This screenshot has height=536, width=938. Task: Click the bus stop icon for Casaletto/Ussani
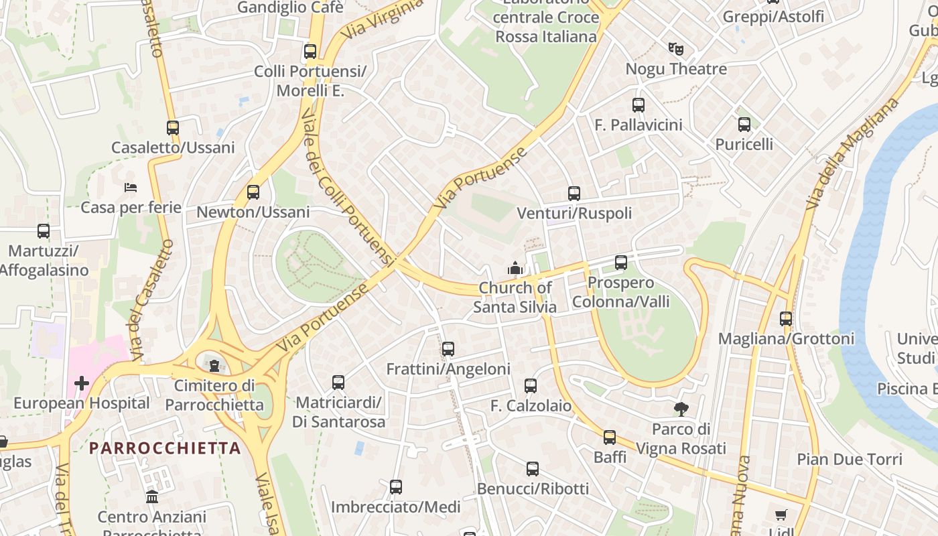(173, 127)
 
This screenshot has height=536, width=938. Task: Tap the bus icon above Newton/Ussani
(253, 192)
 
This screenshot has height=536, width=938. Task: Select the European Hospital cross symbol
(81, 383)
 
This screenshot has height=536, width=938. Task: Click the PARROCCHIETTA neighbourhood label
(165, 448)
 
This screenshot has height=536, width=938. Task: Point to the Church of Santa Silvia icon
(515, 268)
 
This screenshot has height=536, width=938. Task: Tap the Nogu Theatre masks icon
(675, 49)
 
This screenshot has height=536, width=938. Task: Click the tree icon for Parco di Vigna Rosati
(681, 409)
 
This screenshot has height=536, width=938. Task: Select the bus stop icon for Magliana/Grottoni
(786, 319)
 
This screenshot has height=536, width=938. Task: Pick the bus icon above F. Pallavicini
(638, 105)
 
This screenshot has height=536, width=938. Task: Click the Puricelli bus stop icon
(744, 125)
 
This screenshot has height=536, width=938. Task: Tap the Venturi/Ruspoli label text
(574, 213)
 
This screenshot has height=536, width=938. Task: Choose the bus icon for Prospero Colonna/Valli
(621, 263)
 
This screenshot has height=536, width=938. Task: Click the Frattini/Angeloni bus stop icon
(448, 349)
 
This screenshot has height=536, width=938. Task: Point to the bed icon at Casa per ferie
(131, 187)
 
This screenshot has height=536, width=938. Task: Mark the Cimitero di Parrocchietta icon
(214, 365)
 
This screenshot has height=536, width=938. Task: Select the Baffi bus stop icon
(609, 438)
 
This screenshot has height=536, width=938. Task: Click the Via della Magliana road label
(852, 154)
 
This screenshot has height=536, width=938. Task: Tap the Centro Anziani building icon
(152, 497)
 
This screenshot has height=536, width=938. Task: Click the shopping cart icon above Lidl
(781, 515)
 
